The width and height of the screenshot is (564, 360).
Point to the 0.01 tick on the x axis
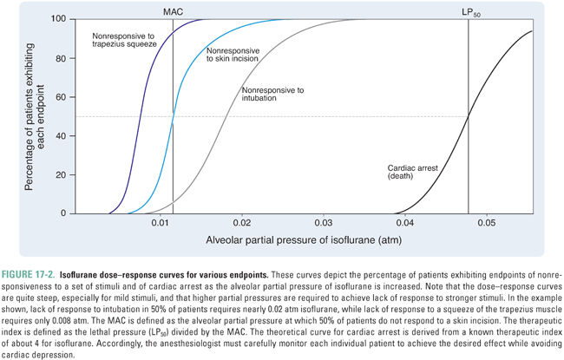[160, 223]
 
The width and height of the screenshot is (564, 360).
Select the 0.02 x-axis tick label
[242, 223]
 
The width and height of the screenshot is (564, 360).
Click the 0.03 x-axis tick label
[324, 223]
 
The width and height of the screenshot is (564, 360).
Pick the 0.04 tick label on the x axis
[405, 223]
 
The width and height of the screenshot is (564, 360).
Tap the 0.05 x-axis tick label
[486, 223]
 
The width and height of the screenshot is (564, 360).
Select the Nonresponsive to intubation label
[272, 94]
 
